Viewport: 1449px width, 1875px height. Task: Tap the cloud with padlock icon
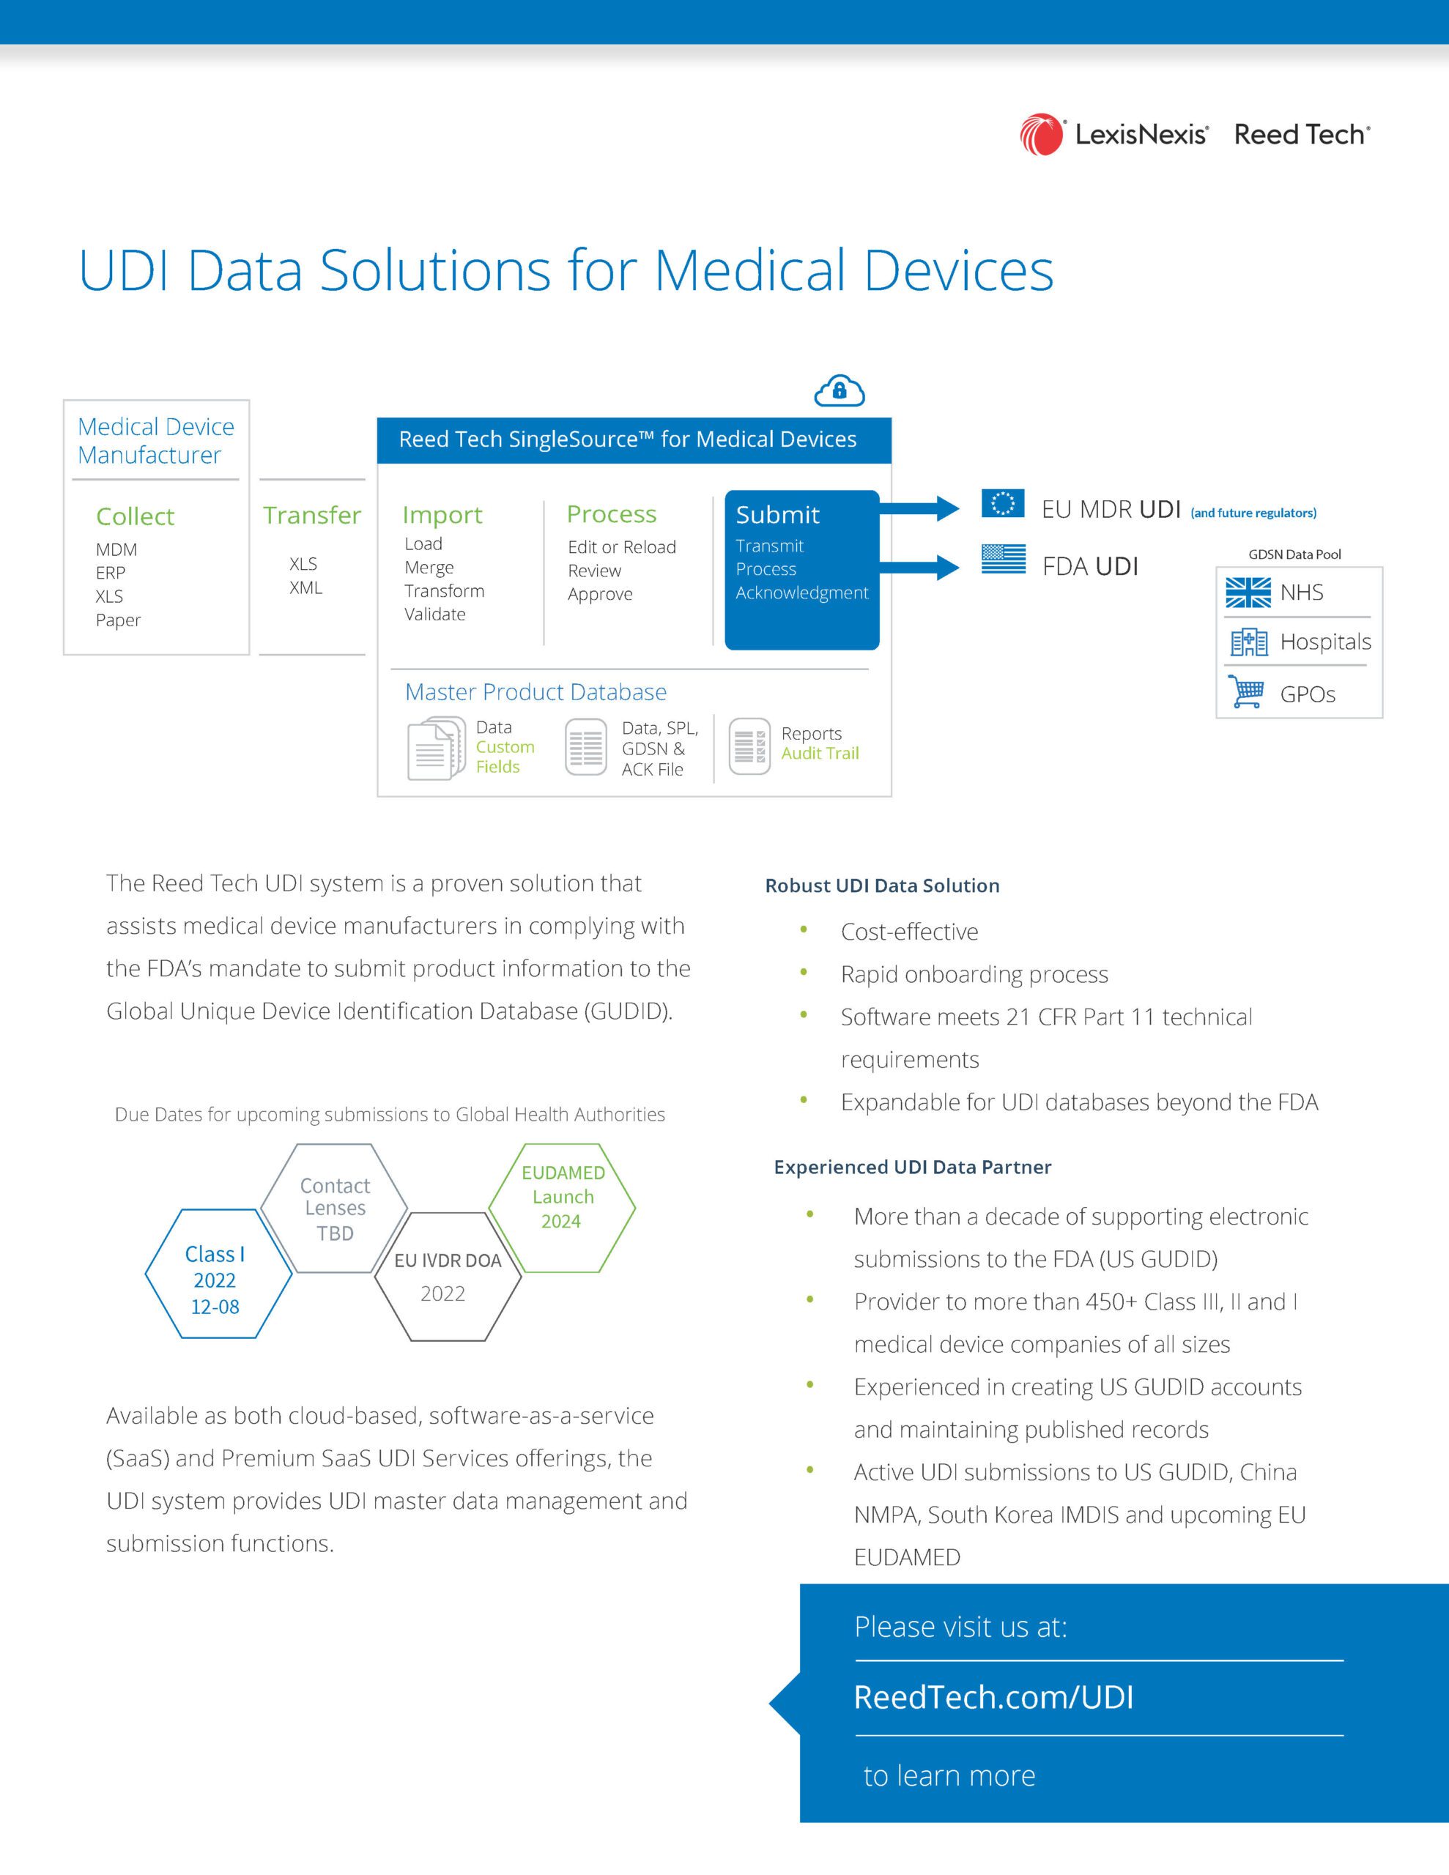(x=840, y=390)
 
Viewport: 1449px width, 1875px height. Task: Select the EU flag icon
(x=1002, y=503)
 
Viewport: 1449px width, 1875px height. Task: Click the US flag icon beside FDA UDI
(x=1003, y=559)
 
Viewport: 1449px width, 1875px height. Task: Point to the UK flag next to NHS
(x=1247, y=593)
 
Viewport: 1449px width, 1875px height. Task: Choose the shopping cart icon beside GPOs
(x=1246, y=691)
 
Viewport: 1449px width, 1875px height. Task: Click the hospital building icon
(x=1249, y=642)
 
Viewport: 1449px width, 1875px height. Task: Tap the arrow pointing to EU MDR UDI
(x=919, y=508)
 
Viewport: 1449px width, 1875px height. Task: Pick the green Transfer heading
(x=312, y=514)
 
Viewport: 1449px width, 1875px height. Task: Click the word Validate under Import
(x=434, y=614)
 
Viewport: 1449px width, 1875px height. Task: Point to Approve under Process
(x=599, y=594)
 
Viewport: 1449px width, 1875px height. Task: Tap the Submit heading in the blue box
(x=777, y=514)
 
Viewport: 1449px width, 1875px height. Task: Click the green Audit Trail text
(x=820, y=753)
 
